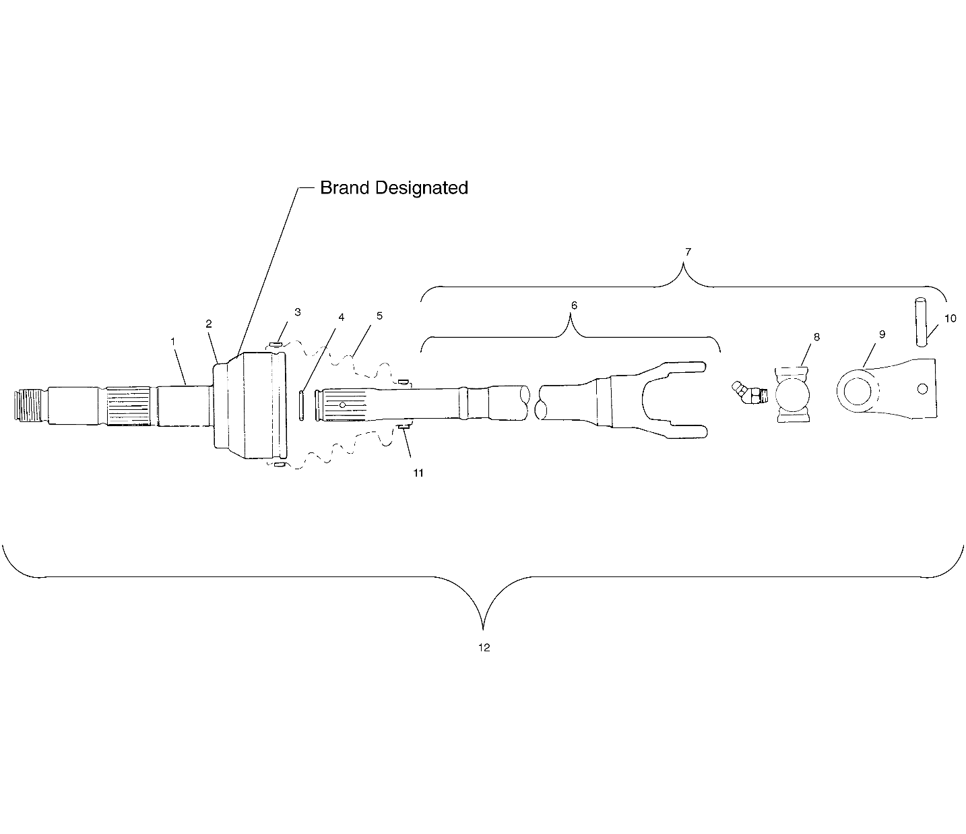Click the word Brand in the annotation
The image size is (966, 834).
point(345,187)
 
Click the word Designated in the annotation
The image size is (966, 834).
point(422,188)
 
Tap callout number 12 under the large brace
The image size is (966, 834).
point(484,647)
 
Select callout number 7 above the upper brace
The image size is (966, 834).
point(688,252)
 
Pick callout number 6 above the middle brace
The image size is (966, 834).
point(575,305)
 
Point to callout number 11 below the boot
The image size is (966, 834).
point(418,473)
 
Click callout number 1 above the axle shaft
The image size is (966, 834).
point(173,341)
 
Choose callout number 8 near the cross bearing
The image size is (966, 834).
point(816,337)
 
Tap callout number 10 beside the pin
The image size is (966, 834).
point(950,318)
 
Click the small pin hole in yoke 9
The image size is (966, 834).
point(922,389)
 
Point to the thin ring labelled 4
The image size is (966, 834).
point(301,406)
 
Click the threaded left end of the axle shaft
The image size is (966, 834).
point(30,405)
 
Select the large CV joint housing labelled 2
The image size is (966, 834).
point(249,405)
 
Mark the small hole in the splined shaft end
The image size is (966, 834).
point(342,405)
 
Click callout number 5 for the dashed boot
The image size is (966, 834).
point(379,316)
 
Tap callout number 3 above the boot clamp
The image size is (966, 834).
point(298,312)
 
